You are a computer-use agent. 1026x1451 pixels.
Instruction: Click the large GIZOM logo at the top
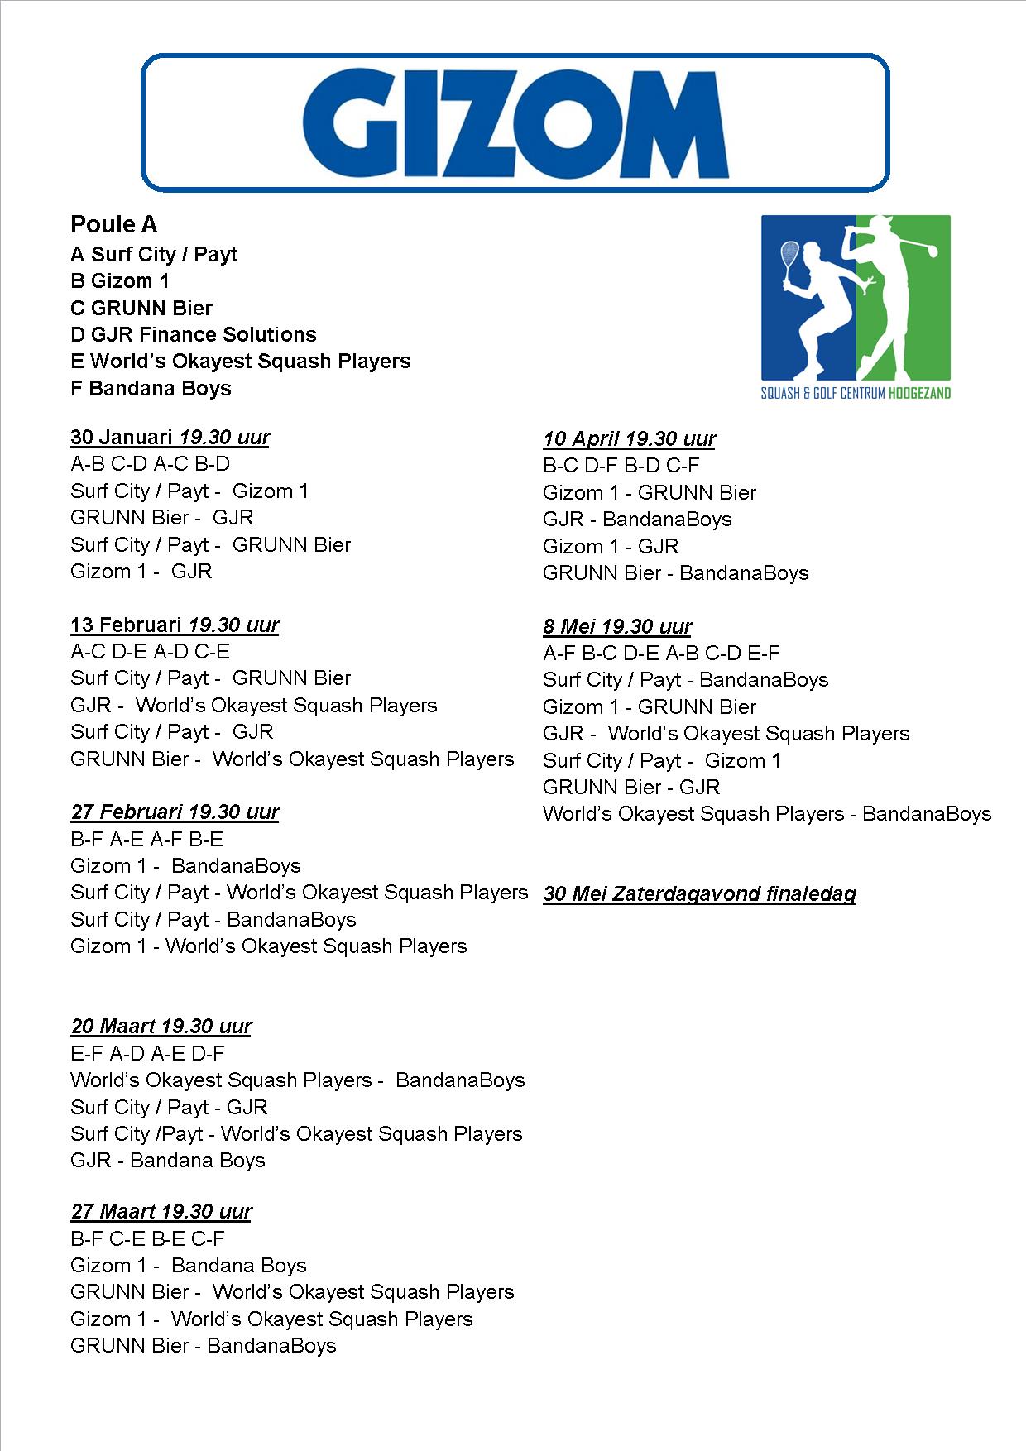click(x=515, y=122)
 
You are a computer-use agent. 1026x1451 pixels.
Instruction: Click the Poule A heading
click(x=113, y=224)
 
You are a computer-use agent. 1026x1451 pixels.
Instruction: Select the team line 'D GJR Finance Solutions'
click(x=194, y=334)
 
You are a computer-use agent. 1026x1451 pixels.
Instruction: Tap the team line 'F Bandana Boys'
click(x=151, y=388)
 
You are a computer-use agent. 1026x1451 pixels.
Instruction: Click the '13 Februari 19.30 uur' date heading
click(x=175, y=625)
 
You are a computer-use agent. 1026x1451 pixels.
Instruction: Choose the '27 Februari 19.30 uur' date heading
click(x=175, y=812)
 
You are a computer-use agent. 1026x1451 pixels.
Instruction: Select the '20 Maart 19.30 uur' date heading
click(x=161, y=1026)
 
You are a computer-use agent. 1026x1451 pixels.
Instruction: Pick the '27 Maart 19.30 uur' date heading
click(x=161, y=1211)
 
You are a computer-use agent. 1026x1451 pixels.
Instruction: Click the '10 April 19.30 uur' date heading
click(x=629, y=438)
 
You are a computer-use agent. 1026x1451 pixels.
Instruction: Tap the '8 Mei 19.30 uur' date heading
click(x=617, y=626)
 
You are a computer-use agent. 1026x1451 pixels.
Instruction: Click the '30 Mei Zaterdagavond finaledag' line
click(x=699, y=893)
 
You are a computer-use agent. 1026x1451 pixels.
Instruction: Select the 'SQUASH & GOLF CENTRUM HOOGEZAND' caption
click(x=856, y=393)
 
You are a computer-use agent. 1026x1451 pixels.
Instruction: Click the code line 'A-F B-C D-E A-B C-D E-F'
click(x=661, y=653)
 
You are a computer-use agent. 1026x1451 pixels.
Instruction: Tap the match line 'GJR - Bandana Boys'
click(x=168, y=1160)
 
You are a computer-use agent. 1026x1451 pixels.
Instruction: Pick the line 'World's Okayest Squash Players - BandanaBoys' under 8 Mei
click(x=767, y=813)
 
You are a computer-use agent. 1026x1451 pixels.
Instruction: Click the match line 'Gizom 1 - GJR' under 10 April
click(x=611, y=546)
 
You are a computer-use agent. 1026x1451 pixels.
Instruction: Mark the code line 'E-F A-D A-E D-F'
click(x=147, y=1053)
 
